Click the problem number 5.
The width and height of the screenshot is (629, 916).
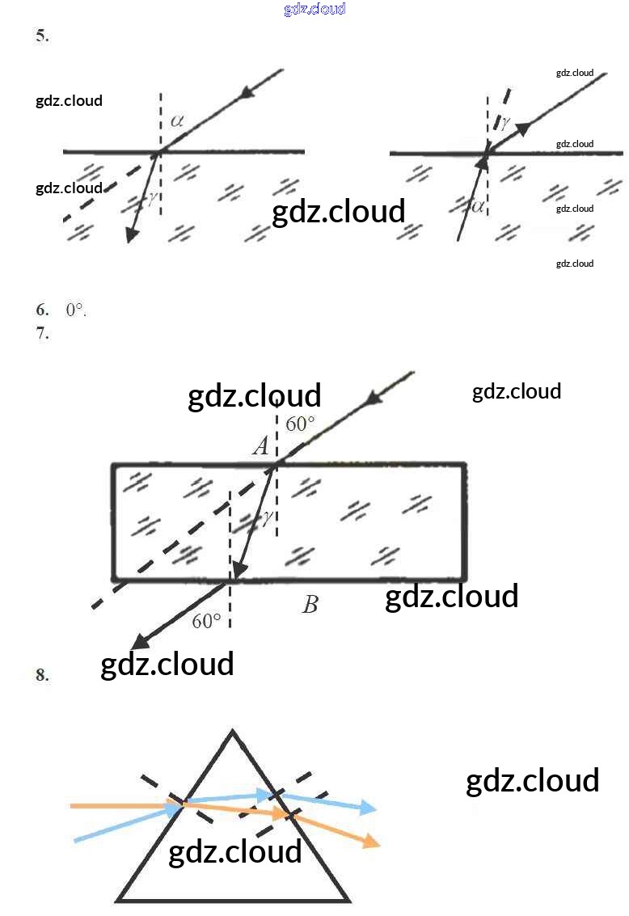[x=42, y=36]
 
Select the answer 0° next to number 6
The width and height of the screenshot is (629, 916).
[x=76, y=310]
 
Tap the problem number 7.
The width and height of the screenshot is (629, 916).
[x=42, y=332]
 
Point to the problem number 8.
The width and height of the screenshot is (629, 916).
[x=42, y=675]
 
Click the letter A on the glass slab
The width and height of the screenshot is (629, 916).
[x=260, y=445]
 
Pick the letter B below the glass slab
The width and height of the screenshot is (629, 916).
[x=310, y=605]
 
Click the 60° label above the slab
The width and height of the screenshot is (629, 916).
[x=300, y=424]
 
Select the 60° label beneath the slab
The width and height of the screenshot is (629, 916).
[x=206, y=621]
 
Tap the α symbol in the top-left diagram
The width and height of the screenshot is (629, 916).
[x=177, y=121]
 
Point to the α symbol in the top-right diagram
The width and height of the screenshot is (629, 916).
[x=478, y=206]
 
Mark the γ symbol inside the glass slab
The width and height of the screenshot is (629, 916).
[x=265, y=518]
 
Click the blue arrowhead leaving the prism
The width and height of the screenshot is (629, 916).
[x=368, y=807]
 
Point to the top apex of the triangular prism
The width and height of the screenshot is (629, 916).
[x=233, y=732]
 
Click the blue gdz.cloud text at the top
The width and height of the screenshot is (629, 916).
[x=314, y=9]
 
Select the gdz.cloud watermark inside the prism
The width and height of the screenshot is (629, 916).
[x=234, y=851]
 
